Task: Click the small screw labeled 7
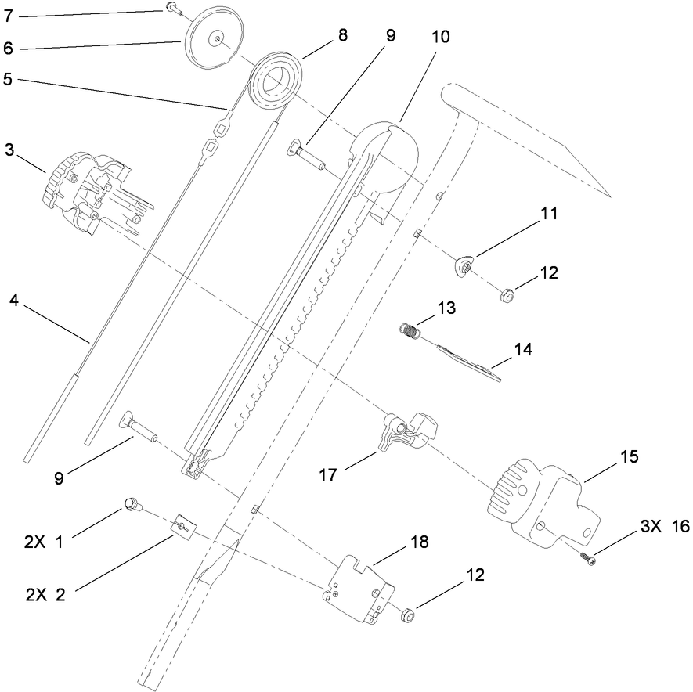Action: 172,9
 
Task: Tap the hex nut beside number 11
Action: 508,296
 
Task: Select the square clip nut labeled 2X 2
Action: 184,526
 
